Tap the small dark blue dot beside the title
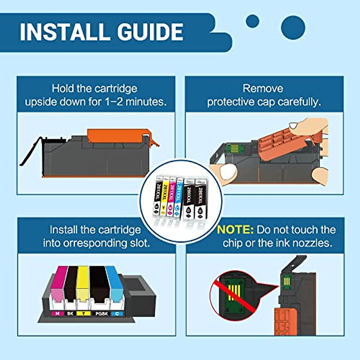(x=252, y=21)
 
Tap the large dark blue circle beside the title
(x=293, y=28)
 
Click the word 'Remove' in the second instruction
(x=263, y=88)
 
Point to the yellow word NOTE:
(x=235, y=230)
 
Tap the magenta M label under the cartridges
(x=57, y=313)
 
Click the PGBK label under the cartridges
(x=101, y=313)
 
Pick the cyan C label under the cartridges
(x=117, y=313)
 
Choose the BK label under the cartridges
(x=70, y=313)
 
